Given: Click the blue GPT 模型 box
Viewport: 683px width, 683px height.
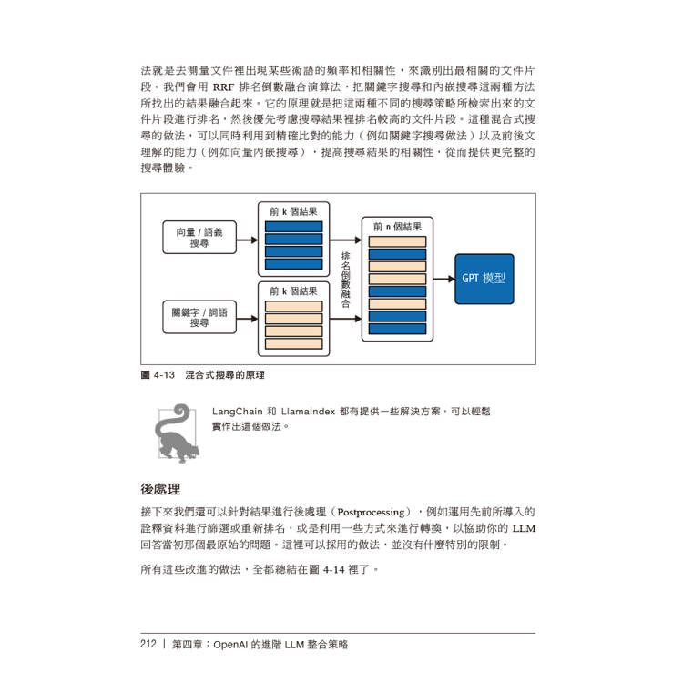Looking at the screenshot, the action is (x=484, y=279).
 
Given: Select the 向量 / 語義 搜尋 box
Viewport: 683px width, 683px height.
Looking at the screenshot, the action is (x=199, y=238).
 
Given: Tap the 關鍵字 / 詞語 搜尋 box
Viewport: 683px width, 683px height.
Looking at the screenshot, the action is (x=199, y=317).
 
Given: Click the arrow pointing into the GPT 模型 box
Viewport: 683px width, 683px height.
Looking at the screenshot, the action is (x=444, y=279).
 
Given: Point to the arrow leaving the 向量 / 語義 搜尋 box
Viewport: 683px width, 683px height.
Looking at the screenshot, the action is (x=248, y=240).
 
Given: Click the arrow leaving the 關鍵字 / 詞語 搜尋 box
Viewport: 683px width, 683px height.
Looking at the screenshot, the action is (x=248, y=319).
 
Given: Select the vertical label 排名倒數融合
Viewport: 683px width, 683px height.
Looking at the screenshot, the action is (x=345, y=280).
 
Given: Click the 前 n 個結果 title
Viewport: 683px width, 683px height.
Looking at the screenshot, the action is (x=397, y=227).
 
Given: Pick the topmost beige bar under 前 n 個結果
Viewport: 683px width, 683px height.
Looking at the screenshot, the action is (x=397, y=241).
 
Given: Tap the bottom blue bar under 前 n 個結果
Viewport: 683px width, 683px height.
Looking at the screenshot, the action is (x=397, y=329).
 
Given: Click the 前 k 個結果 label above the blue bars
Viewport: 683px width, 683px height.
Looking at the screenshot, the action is (x=293, y=211).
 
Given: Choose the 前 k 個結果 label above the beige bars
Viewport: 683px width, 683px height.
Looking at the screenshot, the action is (x=293, y=291).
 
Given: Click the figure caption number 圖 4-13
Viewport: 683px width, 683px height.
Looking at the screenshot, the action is (x=158, y=375).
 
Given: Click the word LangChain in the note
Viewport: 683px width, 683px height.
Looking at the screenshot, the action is (x=238, y=412).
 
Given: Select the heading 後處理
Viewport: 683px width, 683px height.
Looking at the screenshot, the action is (x=160, y=489).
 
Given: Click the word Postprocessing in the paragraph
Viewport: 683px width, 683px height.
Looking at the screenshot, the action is (x=372, y=512).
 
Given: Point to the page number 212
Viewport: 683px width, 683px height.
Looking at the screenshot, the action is (x=148, y=644).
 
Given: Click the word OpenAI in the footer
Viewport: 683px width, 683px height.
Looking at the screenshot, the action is (x=231, y=645).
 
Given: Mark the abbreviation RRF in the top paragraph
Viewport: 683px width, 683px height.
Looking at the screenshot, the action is (x=223, y=87).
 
